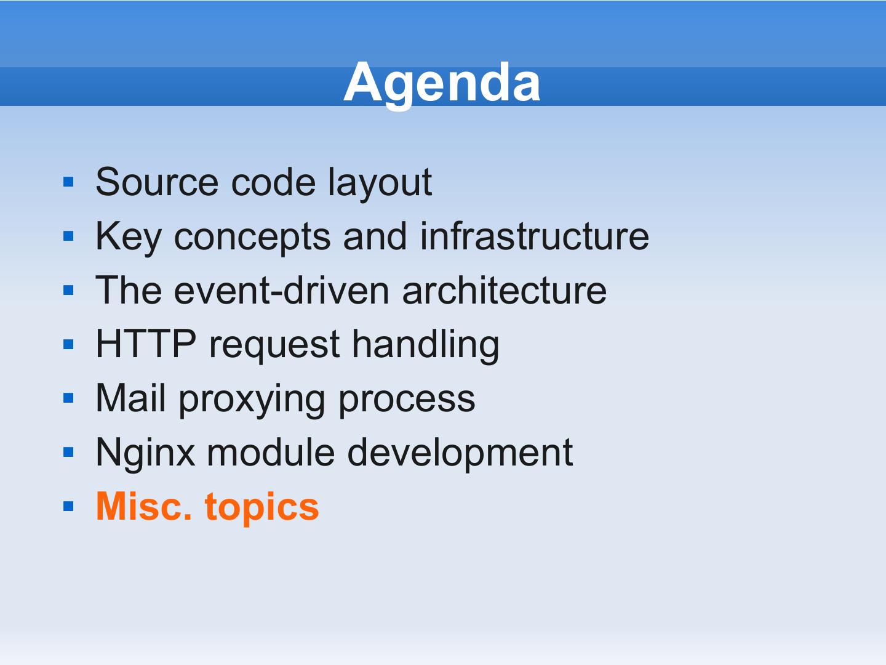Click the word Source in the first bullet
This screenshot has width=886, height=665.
click(157, 182)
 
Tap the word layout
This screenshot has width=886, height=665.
click(380, 183)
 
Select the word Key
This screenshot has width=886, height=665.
click(129, 238)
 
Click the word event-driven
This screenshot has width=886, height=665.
click(282, 290)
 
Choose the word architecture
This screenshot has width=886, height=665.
click(505, 290)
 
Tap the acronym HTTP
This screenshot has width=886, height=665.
click(146, 344)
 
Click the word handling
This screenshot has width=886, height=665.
click(426, 345)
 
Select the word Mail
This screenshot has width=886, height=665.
click(130, 398)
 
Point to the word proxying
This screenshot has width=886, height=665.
click(252, 400)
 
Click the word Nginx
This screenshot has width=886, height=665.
click(145, 454)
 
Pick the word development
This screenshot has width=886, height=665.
click(460, 454)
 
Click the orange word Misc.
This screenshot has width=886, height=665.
click(143, 506)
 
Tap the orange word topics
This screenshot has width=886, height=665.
click(262, 508)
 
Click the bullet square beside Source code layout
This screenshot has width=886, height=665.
click(68, 182)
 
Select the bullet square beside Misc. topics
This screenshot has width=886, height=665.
click(68, 506)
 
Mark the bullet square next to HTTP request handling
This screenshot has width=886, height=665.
click(68, 344)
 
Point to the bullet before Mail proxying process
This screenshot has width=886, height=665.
click(68, 398)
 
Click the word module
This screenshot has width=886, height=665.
click(271, 452)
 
